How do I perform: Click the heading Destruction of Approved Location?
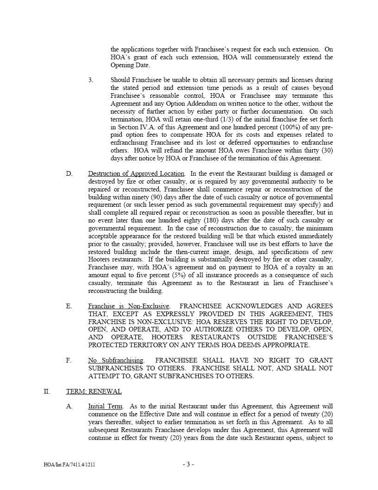[x=136, y=173]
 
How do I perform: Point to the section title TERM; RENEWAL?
[x=94, y=391]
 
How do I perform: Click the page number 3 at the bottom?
[x=188, y=464]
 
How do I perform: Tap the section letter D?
[x=69, y=173]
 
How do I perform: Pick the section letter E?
[x=69, y=306]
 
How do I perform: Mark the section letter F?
[x=69, y=360]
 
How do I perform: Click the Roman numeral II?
[x=47, y=391]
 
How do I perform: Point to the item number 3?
[x=91, y=80]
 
